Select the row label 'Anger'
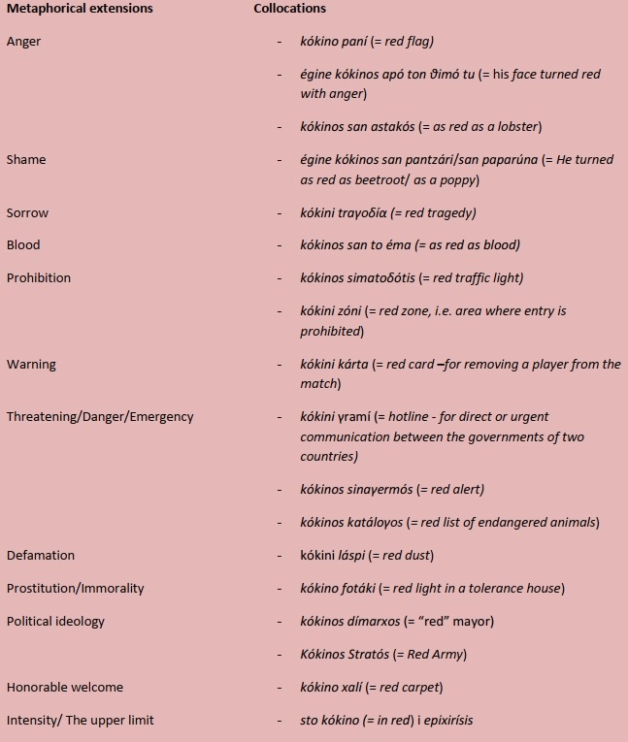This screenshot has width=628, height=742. click(x=24, y=42)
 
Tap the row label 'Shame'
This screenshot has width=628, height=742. click(x=26, y=160)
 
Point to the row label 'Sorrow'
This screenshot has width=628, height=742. click(x=27, y=213)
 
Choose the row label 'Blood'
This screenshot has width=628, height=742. click(x=23, y=245)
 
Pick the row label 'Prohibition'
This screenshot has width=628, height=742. click(x=39, y=278)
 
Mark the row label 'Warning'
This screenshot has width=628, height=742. click(x=31, y=365)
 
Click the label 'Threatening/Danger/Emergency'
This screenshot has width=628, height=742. click(x=100, y=417)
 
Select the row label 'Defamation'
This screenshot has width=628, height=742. click(x=41, y=556)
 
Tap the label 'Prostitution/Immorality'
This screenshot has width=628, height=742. click(x=75, y=589)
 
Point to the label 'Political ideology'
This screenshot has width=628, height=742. click(x=55, y=621)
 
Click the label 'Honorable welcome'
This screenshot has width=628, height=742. click(x=65, y=688)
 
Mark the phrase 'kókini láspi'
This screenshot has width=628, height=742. click(x=336, y=556)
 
